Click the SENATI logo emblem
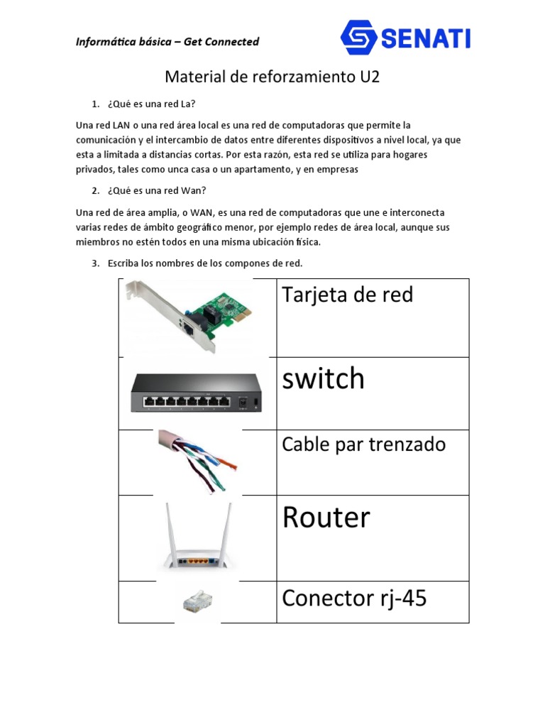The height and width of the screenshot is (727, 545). coord(358,37)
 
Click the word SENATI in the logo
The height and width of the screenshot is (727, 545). coord(426,38)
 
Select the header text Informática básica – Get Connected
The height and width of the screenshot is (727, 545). coord(167,42)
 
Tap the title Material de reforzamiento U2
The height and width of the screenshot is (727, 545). coord(272,77)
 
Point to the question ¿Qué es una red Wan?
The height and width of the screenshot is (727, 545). coord(157,190)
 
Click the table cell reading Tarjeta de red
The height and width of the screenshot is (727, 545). coord(348,295)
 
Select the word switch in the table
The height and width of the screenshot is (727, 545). coord(324,379)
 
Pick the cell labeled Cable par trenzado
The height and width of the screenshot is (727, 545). coord(364,444)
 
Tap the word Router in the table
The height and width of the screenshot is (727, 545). coord(326,518)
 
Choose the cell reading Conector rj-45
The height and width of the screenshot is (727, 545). coord(355,598)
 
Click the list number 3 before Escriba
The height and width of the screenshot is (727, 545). coord(95,263)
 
